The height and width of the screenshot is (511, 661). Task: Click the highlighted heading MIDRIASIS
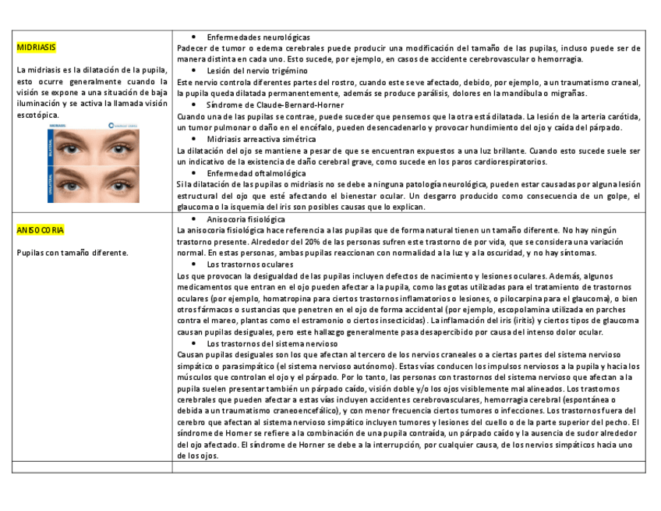coord(36,48)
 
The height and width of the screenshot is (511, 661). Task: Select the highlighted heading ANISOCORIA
coord(41,231)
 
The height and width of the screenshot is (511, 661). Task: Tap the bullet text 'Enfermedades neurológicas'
coord(258,37)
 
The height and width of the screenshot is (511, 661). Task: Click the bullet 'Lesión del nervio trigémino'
coord(258,71)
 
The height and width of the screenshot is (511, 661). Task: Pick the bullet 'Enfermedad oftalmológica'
coord(256,173)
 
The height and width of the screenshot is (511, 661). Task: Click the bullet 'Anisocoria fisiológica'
coord(246,220)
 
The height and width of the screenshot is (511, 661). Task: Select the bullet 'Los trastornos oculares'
coord(249,264)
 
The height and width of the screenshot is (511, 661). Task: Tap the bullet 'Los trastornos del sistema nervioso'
coord(272,343)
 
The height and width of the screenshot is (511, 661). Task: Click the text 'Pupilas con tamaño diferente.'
coord(72,253)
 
